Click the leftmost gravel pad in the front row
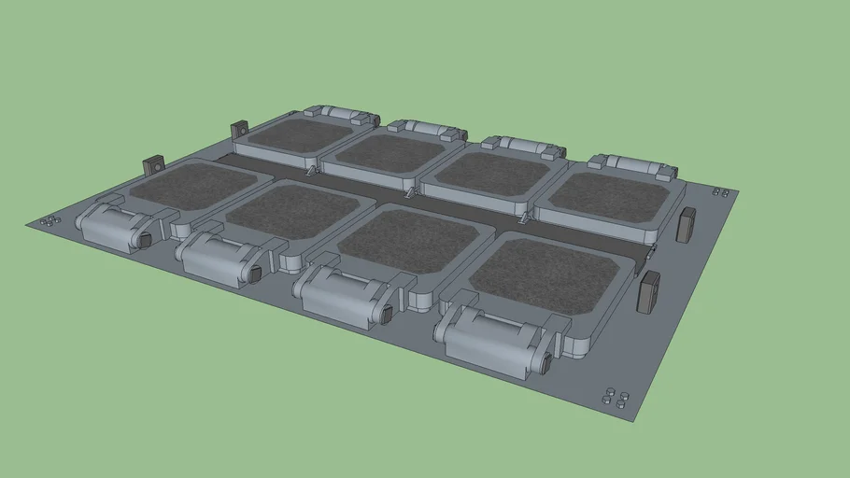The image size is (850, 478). click(x=193, y=185)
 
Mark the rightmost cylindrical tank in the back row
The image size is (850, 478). click(x=638, y=164)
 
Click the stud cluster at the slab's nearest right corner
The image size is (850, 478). click(x=614, y=396)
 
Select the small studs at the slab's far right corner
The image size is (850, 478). click(x=720, y=191)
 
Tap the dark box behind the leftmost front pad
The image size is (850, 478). click(x=152, y=167)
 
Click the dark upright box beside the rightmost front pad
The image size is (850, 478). click(x=648, y=292)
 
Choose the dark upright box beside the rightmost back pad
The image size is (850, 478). click(x=687, y=225)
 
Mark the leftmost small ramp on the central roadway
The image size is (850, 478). click(x=308, y=173)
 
